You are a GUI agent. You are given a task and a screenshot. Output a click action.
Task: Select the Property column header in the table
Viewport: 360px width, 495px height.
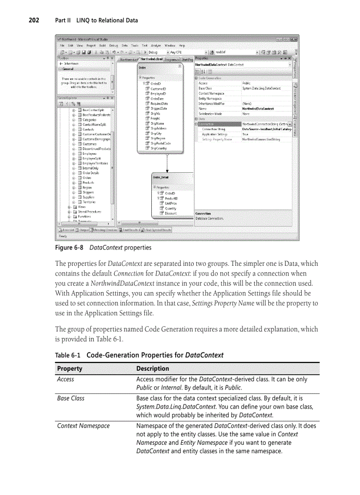tap(70, 368)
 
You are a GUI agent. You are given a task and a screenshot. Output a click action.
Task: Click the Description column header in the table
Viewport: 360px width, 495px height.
tap(153, 368)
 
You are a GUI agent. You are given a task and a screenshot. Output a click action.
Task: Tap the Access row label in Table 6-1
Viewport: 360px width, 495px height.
tap(66, 380)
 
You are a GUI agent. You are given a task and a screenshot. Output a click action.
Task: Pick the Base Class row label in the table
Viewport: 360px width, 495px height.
tap(71, 398)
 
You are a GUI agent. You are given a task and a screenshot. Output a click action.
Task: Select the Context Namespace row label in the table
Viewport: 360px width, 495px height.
tap(83, 426)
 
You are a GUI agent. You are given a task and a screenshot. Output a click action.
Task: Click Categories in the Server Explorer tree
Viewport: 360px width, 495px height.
tap(90, 119)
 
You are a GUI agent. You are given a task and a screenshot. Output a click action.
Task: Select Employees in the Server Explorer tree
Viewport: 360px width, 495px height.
tap(90, 153)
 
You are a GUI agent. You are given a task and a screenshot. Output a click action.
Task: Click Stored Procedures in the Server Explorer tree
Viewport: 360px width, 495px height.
tap(90, 212)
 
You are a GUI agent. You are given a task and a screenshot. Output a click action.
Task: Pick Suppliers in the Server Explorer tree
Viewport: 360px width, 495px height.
tap(89, 197)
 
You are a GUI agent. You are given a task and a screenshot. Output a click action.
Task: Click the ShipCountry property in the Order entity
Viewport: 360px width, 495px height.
tap(158, 149)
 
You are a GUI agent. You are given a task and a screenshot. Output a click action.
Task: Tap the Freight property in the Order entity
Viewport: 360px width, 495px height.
tap(155, 119)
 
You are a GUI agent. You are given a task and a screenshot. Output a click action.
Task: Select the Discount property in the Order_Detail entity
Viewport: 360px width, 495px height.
tap(170, 213)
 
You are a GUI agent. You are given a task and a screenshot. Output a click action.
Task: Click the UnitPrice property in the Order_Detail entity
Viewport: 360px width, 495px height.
tap(171, 203)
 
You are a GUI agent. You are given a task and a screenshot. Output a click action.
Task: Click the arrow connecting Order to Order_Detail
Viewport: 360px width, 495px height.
tap(167, 163)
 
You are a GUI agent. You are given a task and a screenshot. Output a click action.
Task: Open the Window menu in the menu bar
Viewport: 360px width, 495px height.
tap(170, 45)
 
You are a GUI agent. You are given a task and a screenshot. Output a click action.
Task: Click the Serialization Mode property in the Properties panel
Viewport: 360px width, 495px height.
tap(210, 114)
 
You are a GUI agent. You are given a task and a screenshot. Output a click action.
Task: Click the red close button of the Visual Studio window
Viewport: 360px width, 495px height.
tap(294, 39)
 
